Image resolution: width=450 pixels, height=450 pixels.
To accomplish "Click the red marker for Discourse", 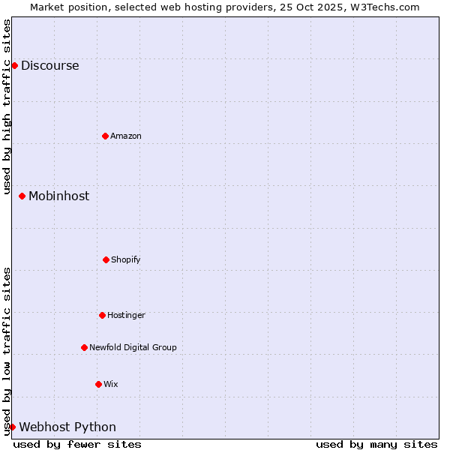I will click(x=14, y=65).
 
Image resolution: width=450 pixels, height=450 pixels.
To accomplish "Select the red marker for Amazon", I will click(x=105, y=136).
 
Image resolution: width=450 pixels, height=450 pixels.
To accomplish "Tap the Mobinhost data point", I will click(x=22, y=196).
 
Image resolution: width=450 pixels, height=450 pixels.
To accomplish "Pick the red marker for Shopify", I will click(x=106, y=259).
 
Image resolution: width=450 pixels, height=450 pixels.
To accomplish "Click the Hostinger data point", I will click(x=102, y=315).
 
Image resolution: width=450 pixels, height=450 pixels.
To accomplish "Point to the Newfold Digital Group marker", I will click(x=84, y=347).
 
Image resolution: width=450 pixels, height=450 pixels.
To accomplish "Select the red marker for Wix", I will click(x=98, y=384).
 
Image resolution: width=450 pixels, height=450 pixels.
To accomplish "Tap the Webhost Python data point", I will click(x=12, y=427).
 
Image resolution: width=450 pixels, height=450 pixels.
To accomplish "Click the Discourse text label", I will click(x=49, y=65).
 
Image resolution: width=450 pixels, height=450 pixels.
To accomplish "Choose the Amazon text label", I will click(x=126, y=136).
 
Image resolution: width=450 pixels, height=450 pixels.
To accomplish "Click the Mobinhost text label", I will click(x=58, y=196).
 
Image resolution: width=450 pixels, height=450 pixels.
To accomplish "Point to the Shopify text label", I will click(x=126, y=259).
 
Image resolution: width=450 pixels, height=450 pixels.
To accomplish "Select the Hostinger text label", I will click(x=126, y=315).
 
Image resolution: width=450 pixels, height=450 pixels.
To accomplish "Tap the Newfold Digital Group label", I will click(x=133, y=347).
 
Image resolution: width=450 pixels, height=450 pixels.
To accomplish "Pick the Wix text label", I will click(x=111, y=384).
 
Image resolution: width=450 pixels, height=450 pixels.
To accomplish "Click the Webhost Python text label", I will click(x=67, y=427).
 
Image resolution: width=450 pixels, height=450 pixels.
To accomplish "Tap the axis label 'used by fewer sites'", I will click(x=77, y=444).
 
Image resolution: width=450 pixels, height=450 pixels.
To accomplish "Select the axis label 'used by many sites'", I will click(x=376, y=444).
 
